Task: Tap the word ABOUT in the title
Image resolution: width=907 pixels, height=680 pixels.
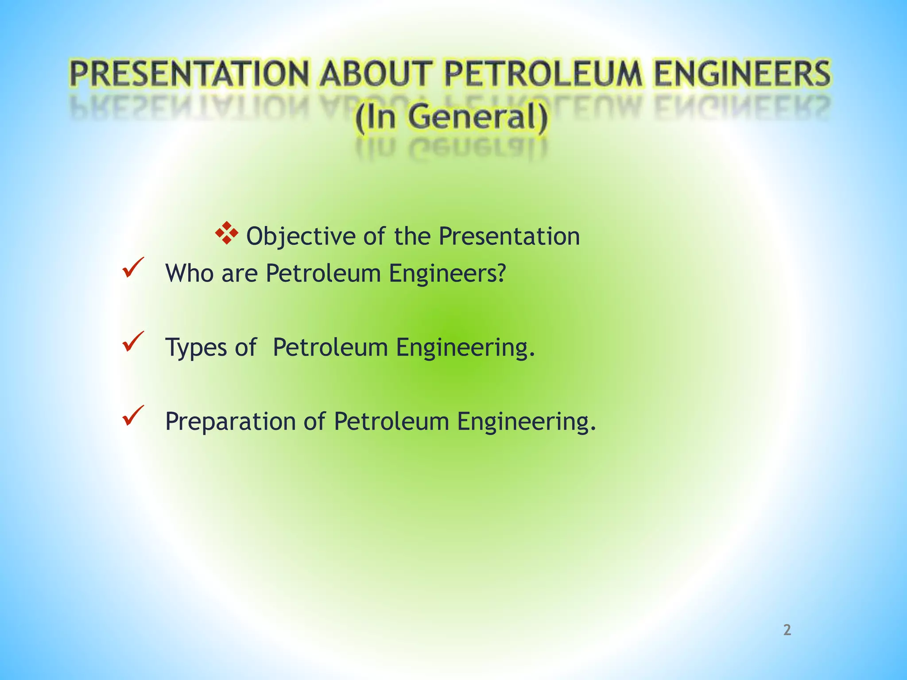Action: tap(375, 74)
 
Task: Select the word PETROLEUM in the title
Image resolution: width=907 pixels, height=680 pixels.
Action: tap(543, 74)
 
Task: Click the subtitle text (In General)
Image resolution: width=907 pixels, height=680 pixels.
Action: tap(451, 118)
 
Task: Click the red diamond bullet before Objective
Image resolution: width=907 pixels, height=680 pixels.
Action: tap(226, 233)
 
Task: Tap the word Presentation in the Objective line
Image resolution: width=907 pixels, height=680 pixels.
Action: tap(509, 236)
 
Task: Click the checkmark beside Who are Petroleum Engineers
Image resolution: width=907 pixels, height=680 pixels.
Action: tap(133, 268)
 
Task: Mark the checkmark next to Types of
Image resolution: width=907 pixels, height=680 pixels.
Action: tap(133, 342)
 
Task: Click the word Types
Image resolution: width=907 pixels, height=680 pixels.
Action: tap(194, 348)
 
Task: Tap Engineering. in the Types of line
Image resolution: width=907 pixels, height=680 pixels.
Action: tap(465, 348)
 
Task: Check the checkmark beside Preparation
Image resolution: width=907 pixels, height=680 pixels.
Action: tap(133, 416)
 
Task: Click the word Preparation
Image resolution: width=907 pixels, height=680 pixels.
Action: tap(230, 422)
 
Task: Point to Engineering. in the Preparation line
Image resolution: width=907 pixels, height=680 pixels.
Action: tap(527, 422)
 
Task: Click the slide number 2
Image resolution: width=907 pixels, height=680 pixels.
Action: tap(787, 630)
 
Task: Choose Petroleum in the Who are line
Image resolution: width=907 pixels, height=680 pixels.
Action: tap(323, 273)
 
